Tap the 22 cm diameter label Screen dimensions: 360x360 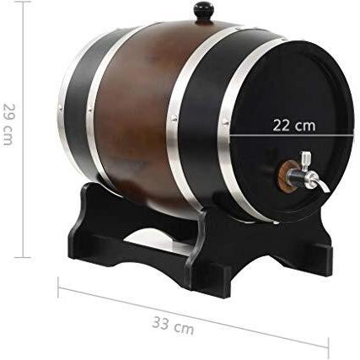pyautogui.click(x=294, y=126)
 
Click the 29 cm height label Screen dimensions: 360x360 pyautogui.click(x=8, y=124)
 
